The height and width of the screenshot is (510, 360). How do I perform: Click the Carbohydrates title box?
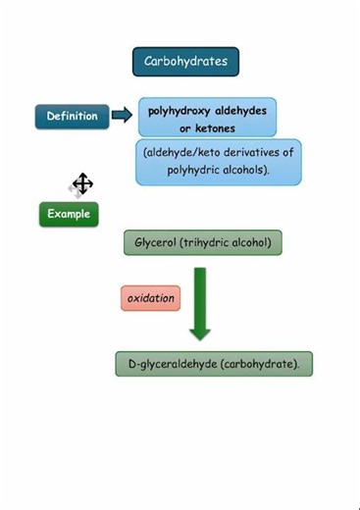tap(185, 62)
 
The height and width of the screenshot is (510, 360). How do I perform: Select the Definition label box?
tap(73, 117)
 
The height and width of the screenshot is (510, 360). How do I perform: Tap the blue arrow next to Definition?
tap(122, 116)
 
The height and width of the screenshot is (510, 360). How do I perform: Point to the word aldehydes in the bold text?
tap(241, 111)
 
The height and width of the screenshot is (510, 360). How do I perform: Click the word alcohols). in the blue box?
tap(245, 171)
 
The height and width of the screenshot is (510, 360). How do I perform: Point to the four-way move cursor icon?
tap(82, 183)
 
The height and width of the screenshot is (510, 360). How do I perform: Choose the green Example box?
tap(69, 214)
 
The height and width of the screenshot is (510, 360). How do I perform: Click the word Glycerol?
tap(151, 242)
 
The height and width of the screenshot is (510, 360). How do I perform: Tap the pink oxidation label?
tap(150, 298)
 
